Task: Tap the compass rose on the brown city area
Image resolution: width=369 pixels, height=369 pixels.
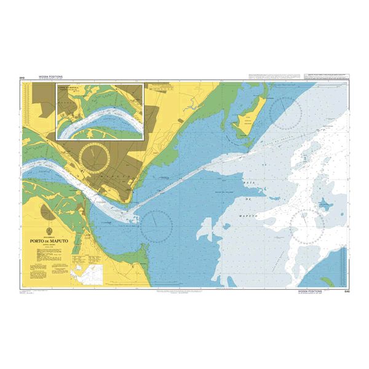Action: tap(95, 156)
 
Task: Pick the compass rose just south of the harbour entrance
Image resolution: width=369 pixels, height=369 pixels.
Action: tap(155, 224)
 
